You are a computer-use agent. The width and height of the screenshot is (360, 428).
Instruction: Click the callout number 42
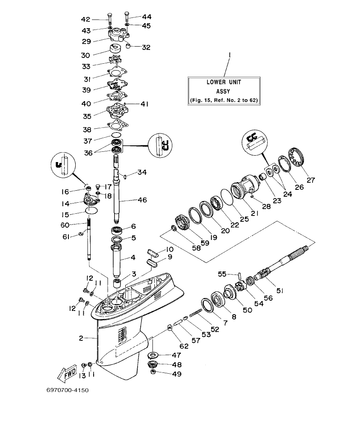pyautogui.click(x=86, y=19)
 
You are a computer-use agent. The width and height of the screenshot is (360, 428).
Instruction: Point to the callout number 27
pyautogui.click(x=310, y=180)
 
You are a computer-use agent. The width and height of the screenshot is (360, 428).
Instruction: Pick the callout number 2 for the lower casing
pyautogui.click(x=81, y=338)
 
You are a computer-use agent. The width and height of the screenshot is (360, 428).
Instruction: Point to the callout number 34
pyautogui.click(x=142, y=172)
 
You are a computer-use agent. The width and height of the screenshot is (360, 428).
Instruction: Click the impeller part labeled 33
pyautogui.click(x=115, y=59)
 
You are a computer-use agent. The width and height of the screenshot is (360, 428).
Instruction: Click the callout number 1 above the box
pyautogui.click(x=230, y=55)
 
